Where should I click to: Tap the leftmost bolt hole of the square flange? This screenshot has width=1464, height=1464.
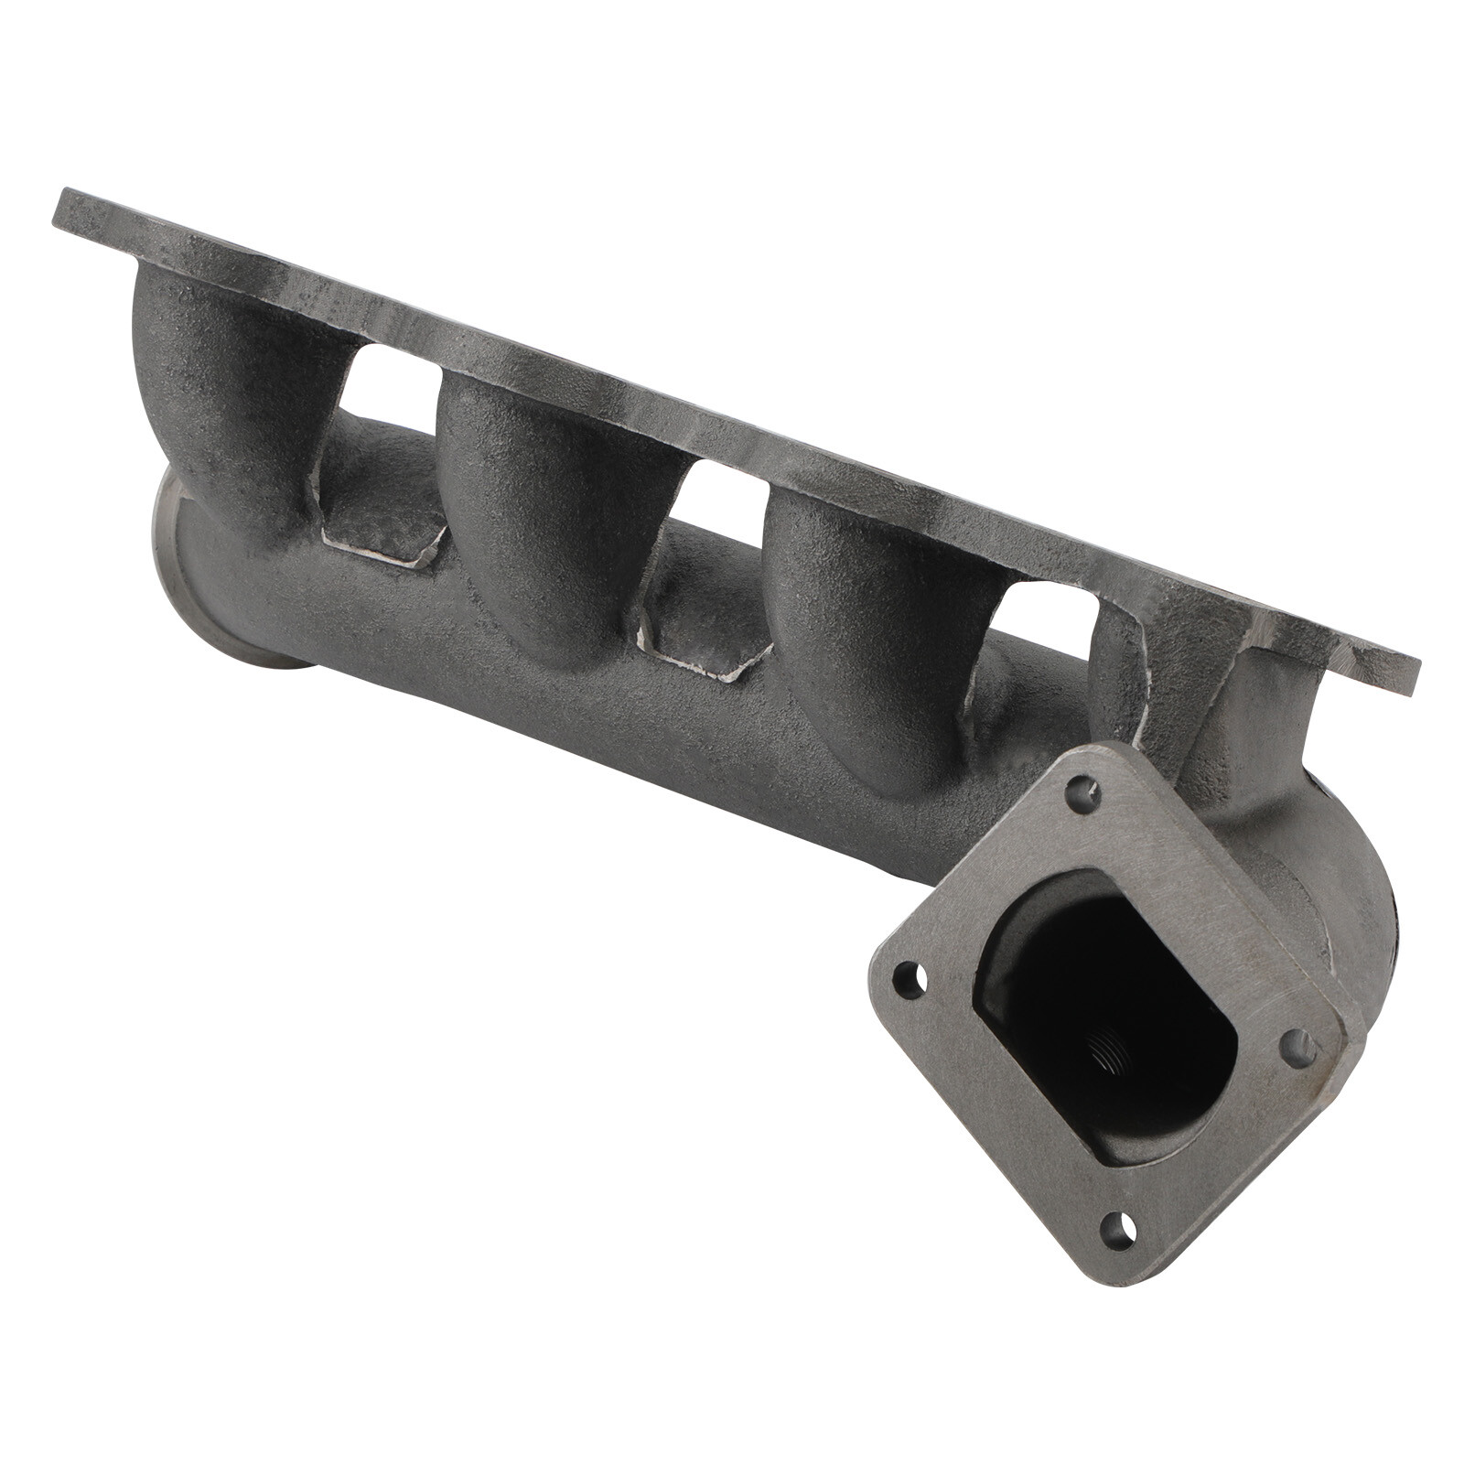pyautogui.click(x=908, y=980)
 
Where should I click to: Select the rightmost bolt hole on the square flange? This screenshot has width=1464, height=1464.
pyautogui.click(x=1300, y=1049)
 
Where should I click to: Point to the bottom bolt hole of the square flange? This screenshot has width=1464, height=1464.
pyautogui.click(x=1120, y=1230)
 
